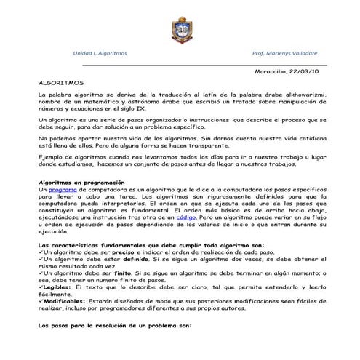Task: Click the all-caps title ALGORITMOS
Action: point(61,84)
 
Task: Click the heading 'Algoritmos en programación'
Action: point(80,182)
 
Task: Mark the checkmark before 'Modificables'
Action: point(41,301)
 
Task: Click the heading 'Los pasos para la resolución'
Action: point(114,326)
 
